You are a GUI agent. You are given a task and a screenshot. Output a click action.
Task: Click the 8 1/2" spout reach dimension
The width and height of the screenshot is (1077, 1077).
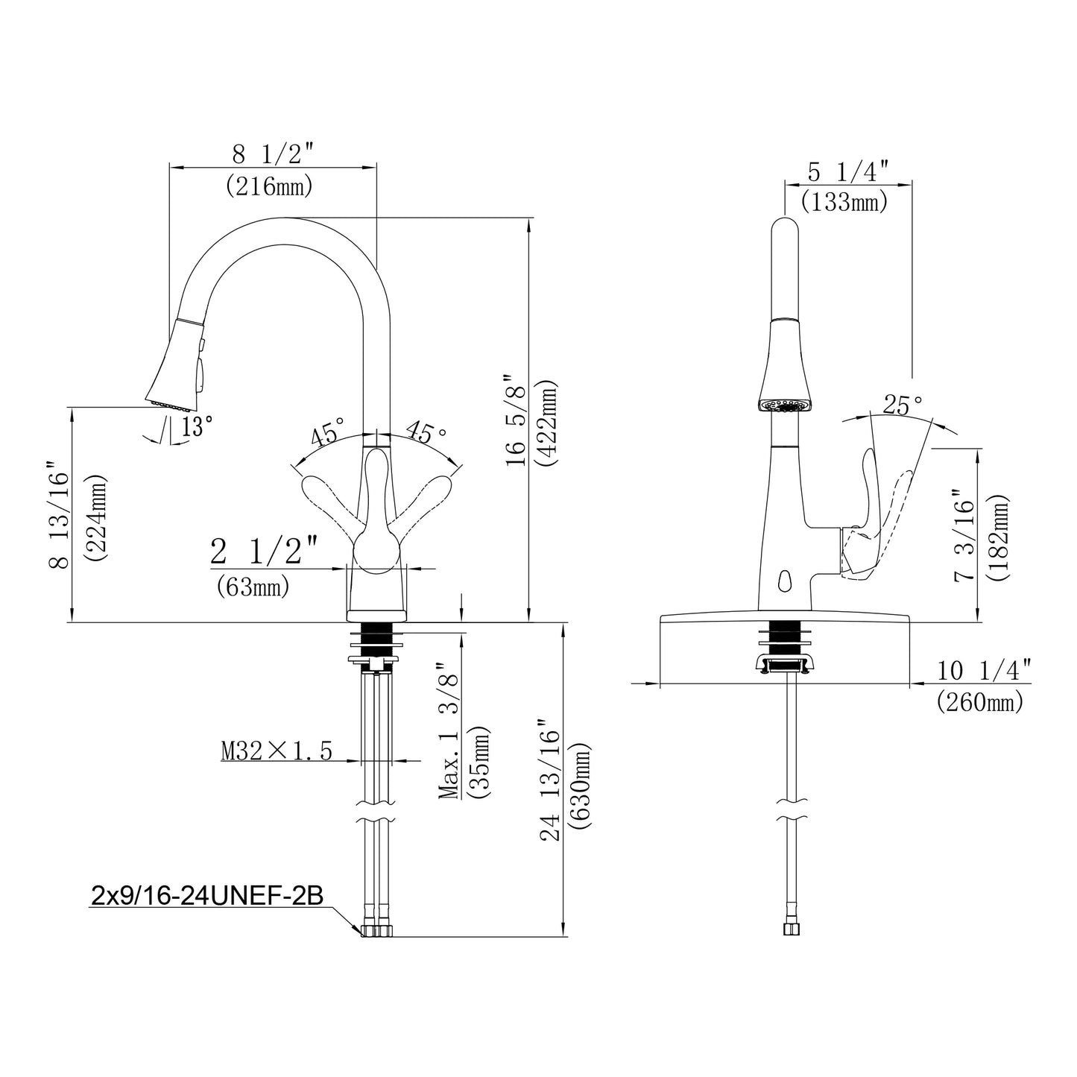pyautogui.click(x=270, y=155)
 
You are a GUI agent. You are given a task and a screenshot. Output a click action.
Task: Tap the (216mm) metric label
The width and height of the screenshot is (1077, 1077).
pyautogui.click(x=269, y=186)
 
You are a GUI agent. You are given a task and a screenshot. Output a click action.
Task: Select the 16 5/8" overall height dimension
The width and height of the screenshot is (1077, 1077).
pyautogui.click(x=516, y=421)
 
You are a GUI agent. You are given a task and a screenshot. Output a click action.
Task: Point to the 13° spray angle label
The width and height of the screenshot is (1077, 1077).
pyautogui.click(x=197, y=426)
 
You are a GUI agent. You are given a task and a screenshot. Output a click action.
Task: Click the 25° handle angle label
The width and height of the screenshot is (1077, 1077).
pyautogui.click(x=903, y=405)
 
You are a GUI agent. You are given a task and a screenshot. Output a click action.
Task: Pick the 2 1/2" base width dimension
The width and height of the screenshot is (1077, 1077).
pyautogui.click(x=264, y=553)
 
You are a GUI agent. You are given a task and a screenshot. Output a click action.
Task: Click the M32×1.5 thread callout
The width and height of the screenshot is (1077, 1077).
pyautogui.click(x=277, y=751)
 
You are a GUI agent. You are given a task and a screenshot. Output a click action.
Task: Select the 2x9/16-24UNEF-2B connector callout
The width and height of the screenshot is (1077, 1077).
pyautogui.click(x=206, y=895)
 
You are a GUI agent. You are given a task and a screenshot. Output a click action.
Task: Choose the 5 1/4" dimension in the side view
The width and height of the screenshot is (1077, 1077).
pyautogui.click(x=848, y=172)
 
